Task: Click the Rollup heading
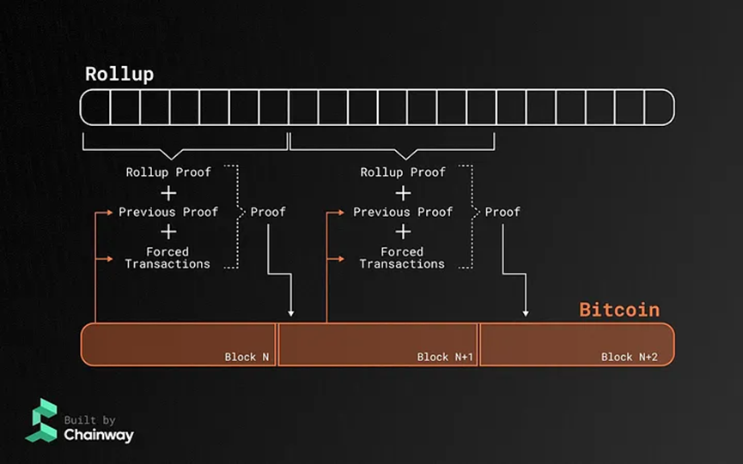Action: [x=119, y=74]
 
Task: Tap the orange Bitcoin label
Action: [x=619, y=310]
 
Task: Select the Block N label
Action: [x=247, y=357]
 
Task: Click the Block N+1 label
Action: [x=445, y=357]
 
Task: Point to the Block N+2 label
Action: [x=630, y=357]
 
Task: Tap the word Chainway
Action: [x=99, y=435]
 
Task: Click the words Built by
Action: [x=90, y=420]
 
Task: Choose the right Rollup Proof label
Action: [x=403, y=172]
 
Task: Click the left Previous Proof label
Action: [x=168, y=212]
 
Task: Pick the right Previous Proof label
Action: [x=403, y=212]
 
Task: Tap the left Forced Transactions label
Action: [x=167, y=258]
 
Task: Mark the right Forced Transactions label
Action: [x=402, y=258]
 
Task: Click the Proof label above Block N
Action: [x=268, y=212]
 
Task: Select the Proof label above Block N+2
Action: [x=502, y=212]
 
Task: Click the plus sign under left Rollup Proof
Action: [x=168, y=192]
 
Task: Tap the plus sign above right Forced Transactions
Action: [x=402, y=232]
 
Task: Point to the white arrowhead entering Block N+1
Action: [x=292, y=313]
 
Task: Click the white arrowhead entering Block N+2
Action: [x=526, y=313]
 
